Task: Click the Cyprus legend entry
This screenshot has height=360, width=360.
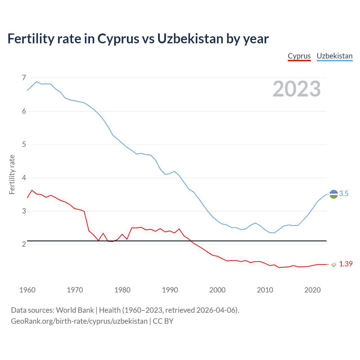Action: coord(299,56)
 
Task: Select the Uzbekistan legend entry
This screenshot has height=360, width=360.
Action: coord(334,56)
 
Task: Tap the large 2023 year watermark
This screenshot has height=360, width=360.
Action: coord(296,89)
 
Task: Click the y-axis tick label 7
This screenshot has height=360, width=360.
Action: coord(24,78)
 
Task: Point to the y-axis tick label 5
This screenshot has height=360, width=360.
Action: coord(24,145)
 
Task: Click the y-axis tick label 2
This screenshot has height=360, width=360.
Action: coord(24,244)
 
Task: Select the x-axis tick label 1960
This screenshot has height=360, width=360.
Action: coord(27,290)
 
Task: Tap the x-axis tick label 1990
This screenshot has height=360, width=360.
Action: coord(170,290)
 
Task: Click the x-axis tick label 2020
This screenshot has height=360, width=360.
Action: coord(312,290)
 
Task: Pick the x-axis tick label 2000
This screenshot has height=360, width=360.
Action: coord(217,290)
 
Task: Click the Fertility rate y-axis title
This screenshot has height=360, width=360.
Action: coord(12,174)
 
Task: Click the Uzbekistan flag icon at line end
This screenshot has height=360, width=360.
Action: coord(334,194)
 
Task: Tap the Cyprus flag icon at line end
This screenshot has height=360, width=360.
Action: coord(334,264)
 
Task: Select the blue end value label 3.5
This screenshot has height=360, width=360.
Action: coord(344,194)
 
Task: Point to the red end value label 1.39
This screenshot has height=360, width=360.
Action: coord(346,264)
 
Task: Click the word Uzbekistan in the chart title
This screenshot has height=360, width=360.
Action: coord(190,39)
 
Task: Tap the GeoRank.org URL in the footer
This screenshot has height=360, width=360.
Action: coord(79,321)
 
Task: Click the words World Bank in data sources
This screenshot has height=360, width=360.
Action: coord(75,310)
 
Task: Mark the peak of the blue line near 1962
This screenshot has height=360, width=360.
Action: coord(37,82)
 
